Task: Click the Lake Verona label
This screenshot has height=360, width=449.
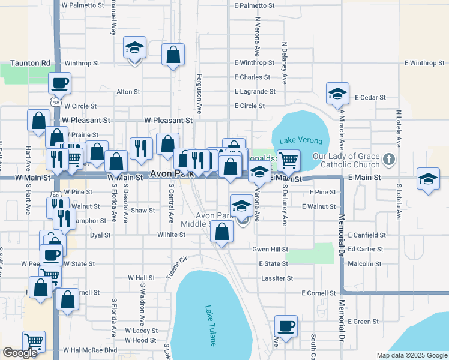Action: click(300, 141)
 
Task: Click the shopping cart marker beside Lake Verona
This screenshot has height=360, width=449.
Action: click(289, 160)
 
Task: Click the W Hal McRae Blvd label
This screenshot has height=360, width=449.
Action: click(90, 350)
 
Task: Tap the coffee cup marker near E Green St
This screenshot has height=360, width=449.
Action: click(286, 326)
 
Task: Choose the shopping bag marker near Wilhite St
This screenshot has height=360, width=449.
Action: click(222, 232)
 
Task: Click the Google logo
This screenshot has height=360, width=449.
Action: click(21, 353)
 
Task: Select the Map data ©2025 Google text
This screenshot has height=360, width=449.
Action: click(412, 355)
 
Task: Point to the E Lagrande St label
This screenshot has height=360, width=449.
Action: click(255, 92)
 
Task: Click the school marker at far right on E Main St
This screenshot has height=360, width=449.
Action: click(427, 180)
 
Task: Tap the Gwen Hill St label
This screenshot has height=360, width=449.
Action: click(270, 249)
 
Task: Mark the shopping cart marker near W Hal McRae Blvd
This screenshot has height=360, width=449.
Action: click(34, 341)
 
